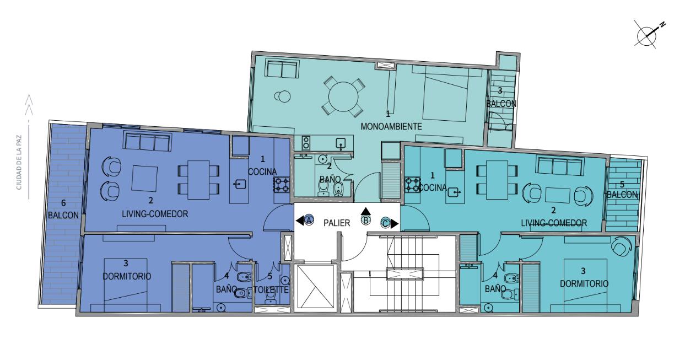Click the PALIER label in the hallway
[337, 223]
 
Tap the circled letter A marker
[309, 219]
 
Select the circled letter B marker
[366, 220]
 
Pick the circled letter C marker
[385, 223]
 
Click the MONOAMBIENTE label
[391, 126]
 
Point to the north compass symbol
[647, 35]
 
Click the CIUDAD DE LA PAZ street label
[19, 163]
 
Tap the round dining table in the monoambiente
[343, 96]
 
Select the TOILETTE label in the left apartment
[271, 289]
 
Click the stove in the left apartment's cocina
[282, 185]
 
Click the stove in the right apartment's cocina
[413, 185]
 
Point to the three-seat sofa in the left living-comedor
[147, 141]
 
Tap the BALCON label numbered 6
[63, 215]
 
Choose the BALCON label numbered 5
[622, 195]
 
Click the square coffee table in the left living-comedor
[144, 178]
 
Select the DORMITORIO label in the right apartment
[584, 283]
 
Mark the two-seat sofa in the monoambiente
[282, 68]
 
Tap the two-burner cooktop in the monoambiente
[306, 143]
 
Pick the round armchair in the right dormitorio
[621, 246]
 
